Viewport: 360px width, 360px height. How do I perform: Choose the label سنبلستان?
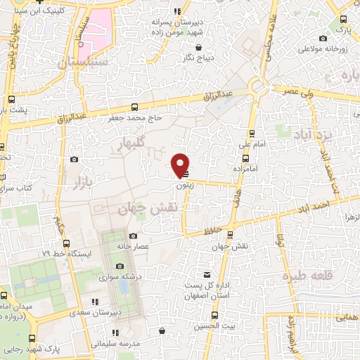79,62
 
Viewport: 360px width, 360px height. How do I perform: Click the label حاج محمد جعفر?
134,118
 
